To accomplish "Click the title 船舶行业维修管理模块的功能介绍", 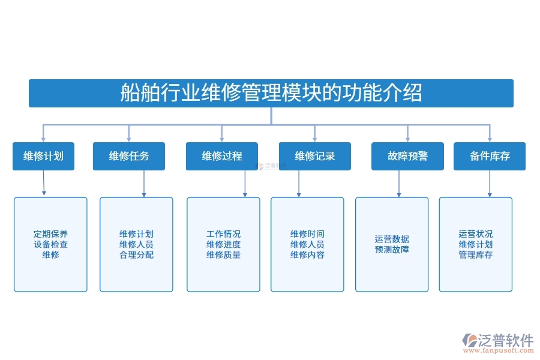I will coord(271,93).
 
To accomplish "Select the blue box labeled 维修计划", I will coord(43,156).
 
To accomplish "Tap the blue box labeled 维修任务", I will coord(129,156).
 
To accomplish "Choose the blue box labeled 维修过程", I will coord(222,156).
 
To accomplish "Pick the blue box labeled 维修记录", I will coord(314,156).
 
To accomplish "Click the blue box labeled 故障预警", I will coord(407,156).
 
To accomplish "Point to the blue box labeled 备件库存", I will coord(490,156).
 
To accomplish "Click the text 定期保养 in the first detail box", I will coord(50,234).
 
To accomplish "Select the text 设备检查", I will coord(50,244).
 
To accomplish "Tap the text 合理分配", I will coord(136,254).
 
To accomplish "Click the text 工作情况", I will coord(223,234).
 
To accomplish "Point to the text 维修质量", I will coord(223,254).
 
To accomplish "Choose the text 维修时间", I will coord(307,234).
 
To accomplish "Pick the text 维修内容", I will coord(307,254).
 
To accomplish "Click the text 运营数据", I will coord(392,239).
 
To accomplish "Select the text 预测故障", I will coord(392,250).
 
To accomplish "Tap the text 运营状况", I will coord(476,234).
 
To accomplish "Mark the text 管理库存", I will coord(476,254).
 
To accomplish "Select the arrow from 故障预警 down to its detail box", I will coord(399,184).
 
